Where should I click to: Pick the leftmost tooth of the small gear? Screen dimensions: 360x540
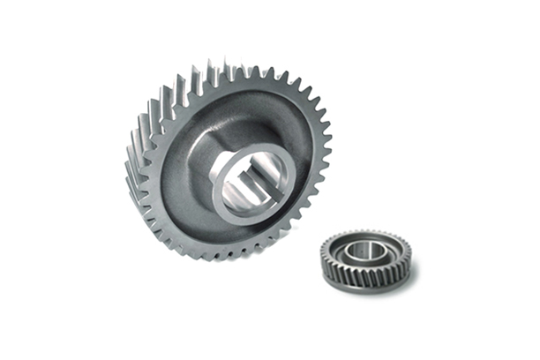tap(322, 258)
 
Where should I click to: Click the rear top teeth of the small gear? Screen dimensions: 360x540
tap(366, 233)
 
